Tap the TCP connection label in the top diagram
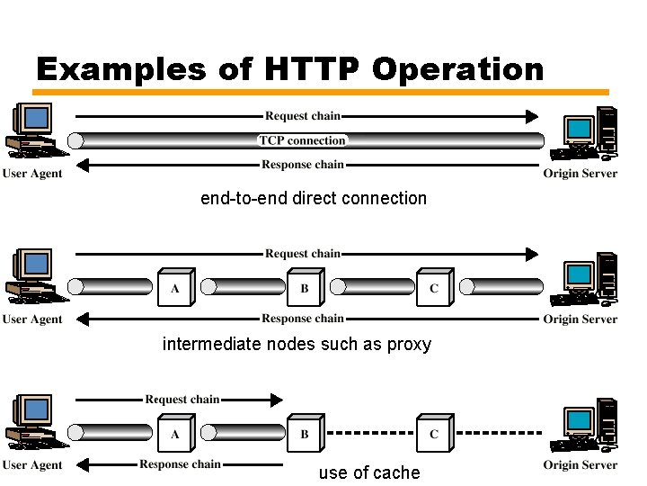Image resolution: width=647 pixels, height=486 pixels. pyautogui.click(x=303, y=140)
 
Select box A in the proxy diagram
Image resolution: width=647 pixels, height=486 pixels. pyautogui.click(x=174, y=288)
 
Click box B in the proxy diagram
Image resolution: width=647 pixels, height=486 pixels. pyautogui.click(x=304, y=288)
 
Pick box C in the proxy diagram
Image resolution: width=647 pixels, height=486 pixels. pyautogui.click(x=434, y=288)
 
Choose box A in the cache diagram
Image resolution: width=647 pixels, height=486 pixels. pyautogui.click(x=174, y=433)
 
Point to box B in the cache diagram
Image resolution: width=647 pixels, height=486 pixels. pyautogui.click(x=304, y=433)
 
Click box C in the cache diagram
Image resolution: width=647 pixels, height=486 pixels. pyautogui.click(x=434, y=433)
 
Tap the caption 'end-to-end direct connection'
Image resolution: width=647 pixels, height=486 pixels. pyautogui.click(x=314, y=198)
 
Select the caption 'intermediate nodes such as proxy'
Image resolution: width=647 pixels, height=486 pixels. pyautogui.click(x=297, y=344)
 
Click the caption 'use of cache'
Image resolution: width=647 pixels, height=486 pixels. pyautogui.click(x=368, y=472)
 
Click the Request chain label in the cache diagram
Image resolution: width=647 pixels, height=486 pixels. pyautogui.click(x=182, y=400)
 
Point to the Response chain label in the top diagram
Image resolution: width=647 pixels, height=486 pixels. pyautogui.click(x=303, y=165)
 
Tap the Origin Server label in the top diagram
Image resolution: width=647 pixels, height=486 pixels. pyautogui.click(x=581, y=174)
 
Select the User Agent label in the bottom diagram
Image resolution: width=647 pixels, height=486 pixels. pyautogui.click(x=32, y=465)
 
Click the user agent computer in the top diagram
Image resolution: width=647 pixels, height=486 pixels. pyautogui.click(x=32, y=130)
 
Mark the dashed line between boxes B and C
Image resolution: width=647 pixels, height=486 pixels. pyautogui.click(x=369, y=433)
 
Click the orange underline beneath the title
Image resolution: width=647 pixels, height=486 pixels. pyautogui.click(x=321, y=92)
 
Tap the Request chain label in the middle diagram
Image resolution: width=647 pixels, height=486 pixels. pyautogui.click(x=303, y=254)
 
